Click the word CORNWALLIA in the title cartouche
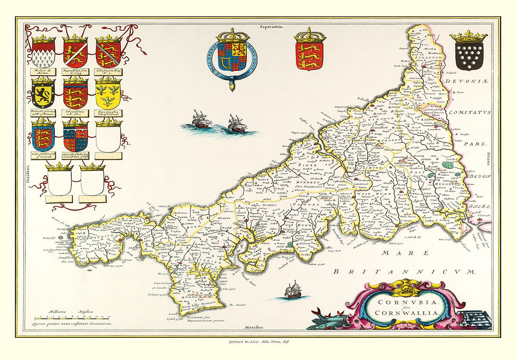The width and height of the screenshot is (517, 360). click(x=407, y=314)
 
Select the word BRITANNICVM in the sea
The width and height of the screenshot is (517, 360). click(x=405, y=271)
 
